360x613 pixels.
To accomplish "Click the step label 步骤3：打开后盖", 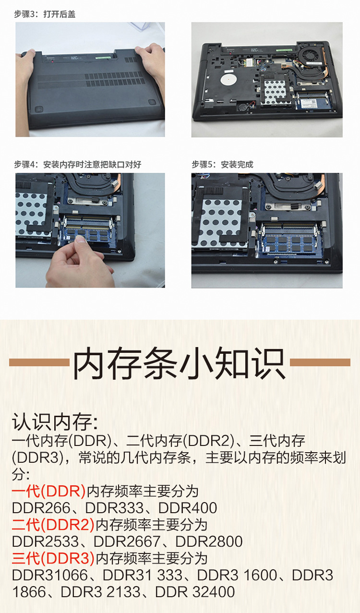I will pyautogui.click(x=45, y=14).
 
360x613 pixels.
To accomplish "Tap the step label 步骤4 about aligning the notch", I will pyautogui.click(x=78, y=165).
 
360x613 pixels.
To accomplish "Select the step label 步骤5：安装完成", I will pyautogui.click(x=222, y=165).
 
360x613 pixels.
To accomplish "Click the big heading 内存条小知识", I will pyautogui.click(x=180, y=363).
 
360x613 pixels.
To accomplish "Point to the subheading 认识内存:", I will pyautogui.click(x=55, y=422).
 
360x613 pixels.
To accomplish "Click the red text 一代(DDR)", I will pyautogui.click(x=48, y=491).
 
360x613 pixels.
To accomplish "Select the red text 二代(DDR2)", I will pyautogui.click(x=53, y=525).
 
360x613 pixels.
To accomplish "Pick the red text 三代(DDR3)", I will pyautogui.click(x=53, y=558).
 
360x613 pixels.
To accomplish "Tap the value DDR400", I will pyautogui.click(x=188, y=508).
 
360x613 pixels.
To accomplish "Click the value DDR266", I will pyautogui.click(x=41, y=508).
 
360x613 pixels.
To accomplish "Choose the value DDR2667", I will pyautogui.click(x=127, y=541).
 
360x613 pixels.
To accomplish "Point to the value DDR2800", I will pyautogui.click(x=209, y=541).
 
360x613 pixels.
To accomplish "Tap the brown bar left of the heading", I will pyautogui.click(x=39, y=362).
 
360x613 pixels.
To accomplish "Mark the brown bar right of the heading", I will pyautogui.click(x=320, y=362).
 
